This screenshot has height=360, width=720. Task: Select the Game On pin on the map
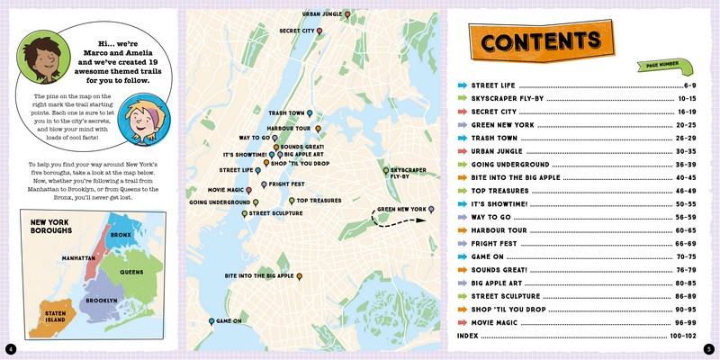(211, 321)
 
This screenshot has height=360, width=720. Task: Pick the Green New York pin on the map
(432, 209)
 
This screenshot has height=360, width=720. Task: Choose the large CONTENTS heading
(540, 41)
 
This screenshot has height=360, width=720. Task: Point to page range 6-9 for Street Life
(690, 85)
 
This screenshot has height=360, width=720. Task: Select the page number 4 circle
(10, 349)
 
